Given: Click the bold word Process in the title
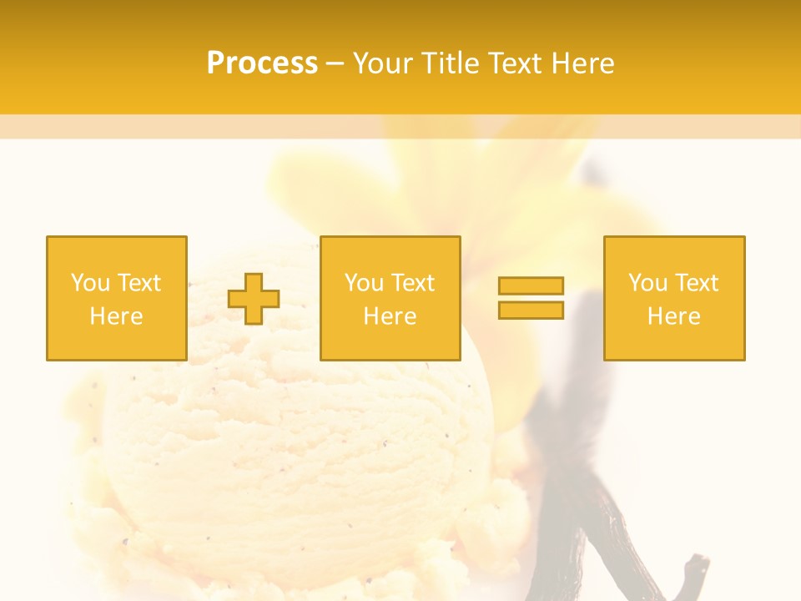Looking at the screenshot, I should coord(262,63).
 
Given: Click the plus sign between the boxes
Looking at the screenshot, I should coord(254,299).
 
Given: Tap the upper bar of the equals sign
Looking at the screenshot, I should coord(531,285).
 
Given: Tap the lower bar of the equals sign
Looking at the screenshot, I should coord(531,310).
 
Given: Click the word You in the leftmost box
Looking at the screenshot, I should coord(90,283).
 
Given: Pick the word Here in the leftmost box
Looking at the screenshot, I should coord(116,316).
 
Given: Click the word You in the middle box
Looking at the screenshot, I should coord(364,283).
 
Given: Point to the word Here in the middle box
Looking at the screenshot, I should coord(390,316).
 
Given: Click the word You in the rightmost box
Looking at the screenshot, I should coord(647,283).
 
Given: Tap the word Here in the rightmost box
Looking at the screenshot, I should coord(673,316).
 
